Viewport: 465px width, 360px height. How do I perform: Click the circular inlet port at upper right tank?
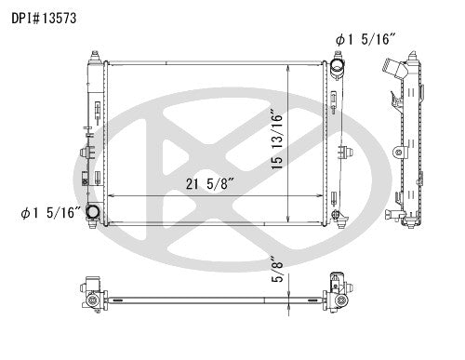pos(339,71)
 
